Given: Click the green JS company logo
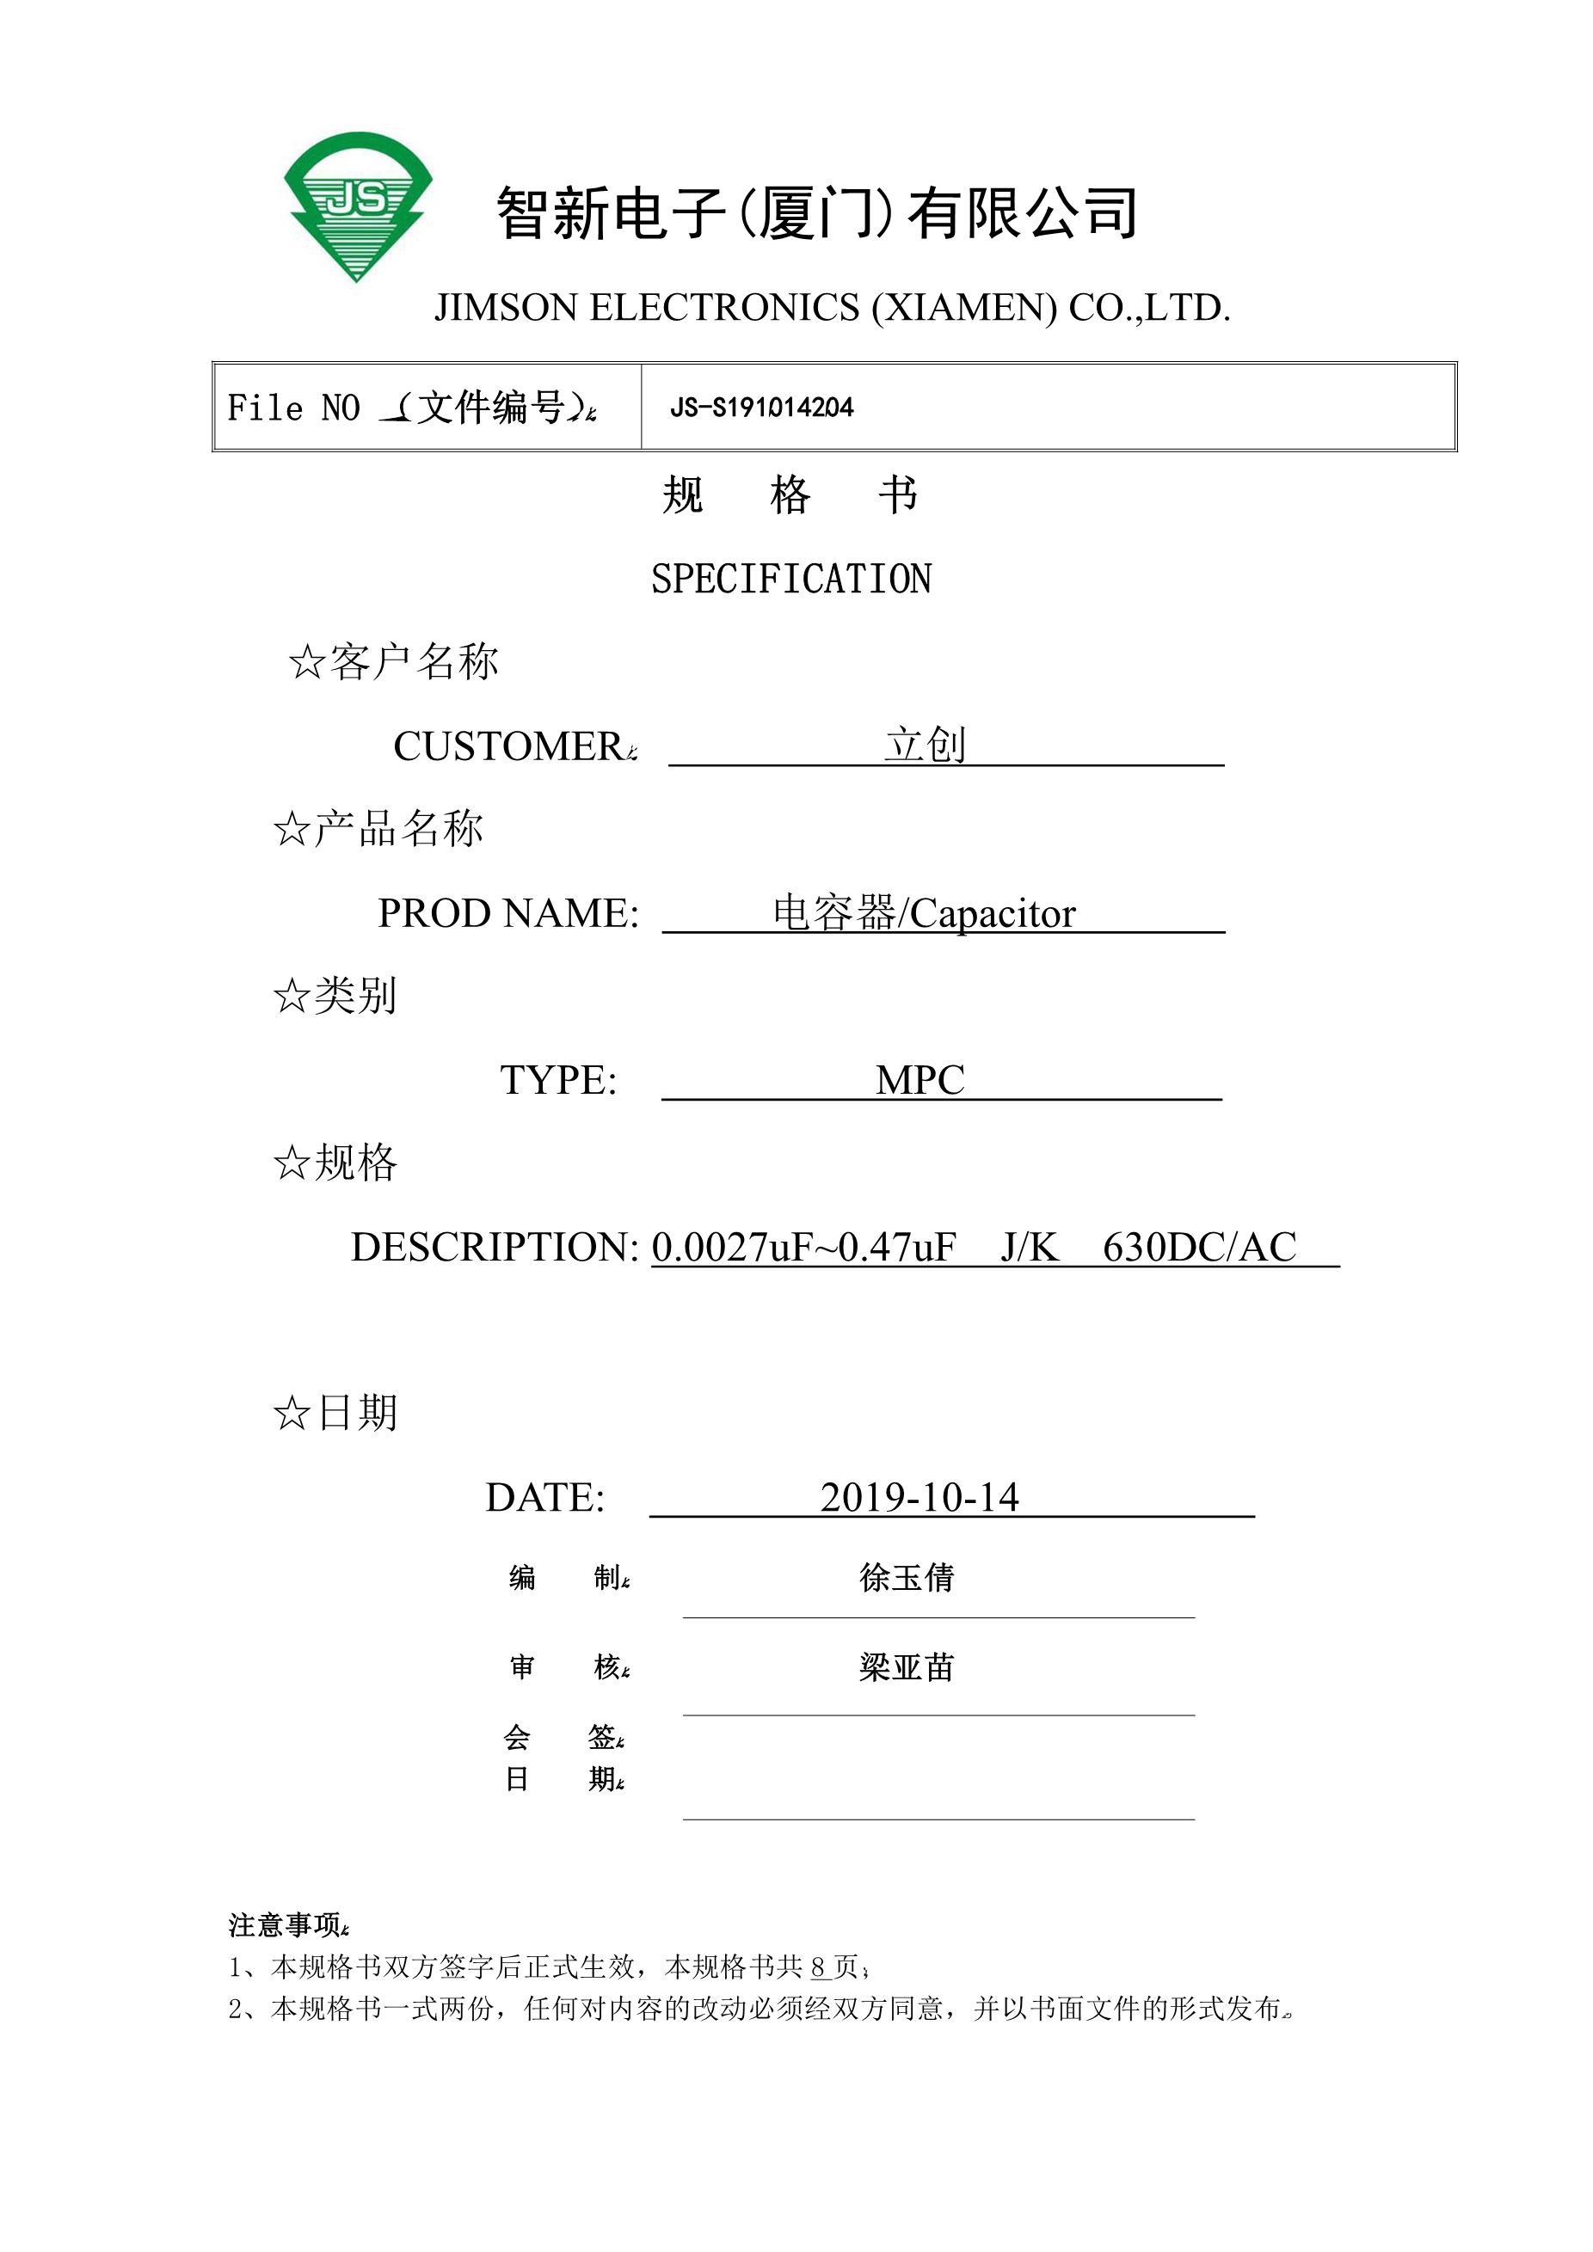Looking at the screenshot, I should [358, 206].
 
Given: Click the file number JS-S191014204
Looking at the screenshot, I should [761, 407].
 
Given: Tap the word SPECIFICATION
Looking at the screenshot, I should [790, 579].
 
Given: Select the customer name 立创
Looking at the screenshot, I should [925, 745].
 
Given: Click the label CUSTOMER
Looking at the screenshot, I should [507, 746].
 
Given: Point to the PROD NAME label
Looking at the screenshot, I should [507, 913].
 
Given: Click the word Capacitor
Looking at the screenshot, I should [992, 913].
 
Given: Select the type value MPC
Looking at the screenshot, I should [920, 1080].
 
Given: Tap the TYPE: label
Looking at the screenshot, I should [558, 1080].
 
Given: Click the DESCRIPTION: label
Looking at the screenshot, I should [495, 1247].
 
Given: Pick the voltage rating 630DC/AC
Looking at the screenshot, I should [1199, 1247].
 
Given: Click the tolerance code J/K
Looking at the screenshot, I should [1029, 1247].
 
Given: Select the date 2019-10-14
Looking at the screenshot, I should [920, 1497].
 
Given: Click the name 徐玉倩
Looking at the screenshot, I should [907, 1577].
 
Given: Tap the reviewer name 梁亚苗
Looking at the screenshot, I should [907, 1666].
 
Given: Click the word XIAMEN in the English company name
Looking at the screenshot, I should [965, 308].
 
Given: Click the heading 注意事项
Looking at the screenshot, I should [285, 1925].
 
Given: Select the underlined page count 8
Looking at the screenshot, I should [819, 1967].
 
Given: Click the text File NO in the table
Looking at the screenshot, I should [293, 407].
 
